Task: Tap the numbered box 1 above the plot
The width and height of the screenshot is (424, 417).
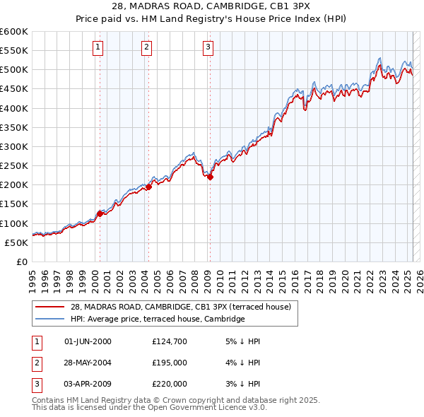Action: [x=97, y=47]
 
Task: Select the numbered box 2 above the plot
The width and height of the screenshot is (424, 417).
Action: [x=146, y=47]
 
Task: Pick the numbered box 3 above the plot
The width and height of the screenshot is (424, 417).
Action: [x=208, y=47]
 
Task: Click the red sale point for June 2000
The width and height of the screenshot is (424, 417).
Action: [x=100, y=213]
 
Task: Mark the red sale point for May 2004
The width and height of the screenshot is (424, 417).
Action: [x=149, y=187]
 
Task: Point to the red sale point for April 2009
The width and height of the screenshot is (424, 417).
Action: [x=210, y=177]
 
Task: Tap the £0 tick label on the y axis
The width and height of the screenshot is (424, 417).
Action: [x=20, y=262]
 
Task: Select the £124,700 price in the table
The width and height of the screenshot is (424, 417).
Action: [x=169, y=341]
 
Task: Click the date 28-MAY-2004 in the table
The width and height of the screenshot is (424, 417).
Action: [x=88, y=363]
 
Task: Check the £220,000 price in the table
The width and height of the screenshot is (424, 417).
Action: [x=169, y=384]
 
